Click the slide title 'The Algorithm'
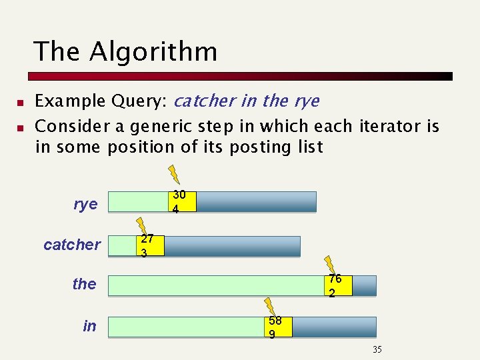125,51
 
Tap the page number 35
377,350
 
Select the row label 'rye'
85,204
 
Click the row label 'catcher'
72,245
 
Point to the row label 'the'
84,284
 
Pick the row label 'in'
89,326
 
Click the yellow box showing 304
180,201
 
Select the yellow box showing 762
338,285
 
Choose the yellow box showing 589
278,327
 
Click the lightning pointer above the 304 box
174,174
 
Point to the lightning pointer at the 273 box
141,225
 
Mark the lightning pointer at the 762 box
327,265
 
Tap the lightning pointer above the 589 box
270,306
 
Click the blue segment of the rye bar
256,202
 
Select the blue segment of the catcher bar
231,246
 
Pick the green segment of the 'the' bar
217,285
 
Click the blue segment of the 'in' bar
333,327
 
